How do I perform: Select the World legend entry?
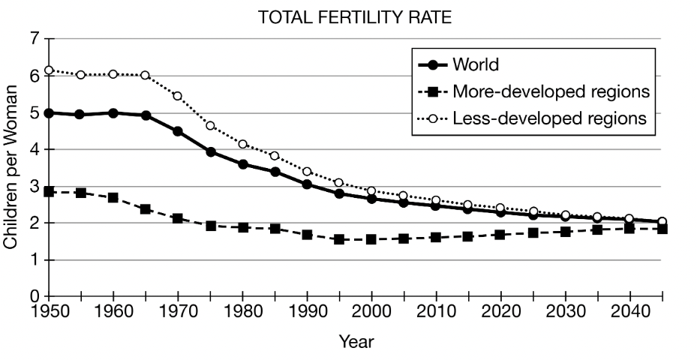tap(475, 64)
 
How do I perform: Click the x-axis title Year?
tap(356, 343)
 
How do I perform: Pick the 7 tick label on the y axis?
tap(33, 39)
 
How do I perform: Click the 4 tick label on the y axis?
tap(33, 149)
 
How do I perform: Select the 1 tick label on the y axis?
tap(33, 260)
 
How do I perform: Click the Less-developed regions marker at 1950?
tap(49, 70)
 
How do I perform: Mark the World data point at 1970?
tap(178, 131)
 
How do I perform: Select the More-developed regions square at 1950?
tap(49, 192)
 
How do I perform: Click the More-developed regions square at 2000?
tap(371, 239)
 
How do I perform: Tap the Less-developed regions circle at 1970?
tap(178, 96)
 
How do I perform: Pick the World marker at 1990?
tap(307, 184)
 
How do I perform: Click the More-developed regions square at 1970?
tap(178, 218)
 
